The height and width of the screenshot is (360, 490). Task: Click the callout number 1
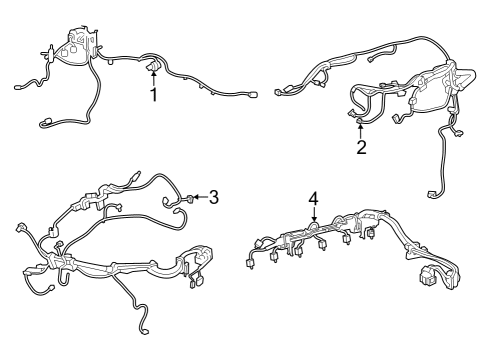[154, 95]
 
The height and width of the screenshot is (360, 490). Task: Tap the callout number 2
[361, 148]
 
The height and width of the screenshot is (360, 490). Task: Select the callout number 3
[213, 196]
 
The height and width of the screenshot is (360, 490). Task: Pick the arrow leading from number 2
[361, 129]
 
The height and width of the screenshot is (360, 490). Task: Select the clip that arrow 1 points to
[154, 66]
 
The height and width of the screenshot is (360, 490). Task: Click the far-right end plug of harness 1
[251, 96]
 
